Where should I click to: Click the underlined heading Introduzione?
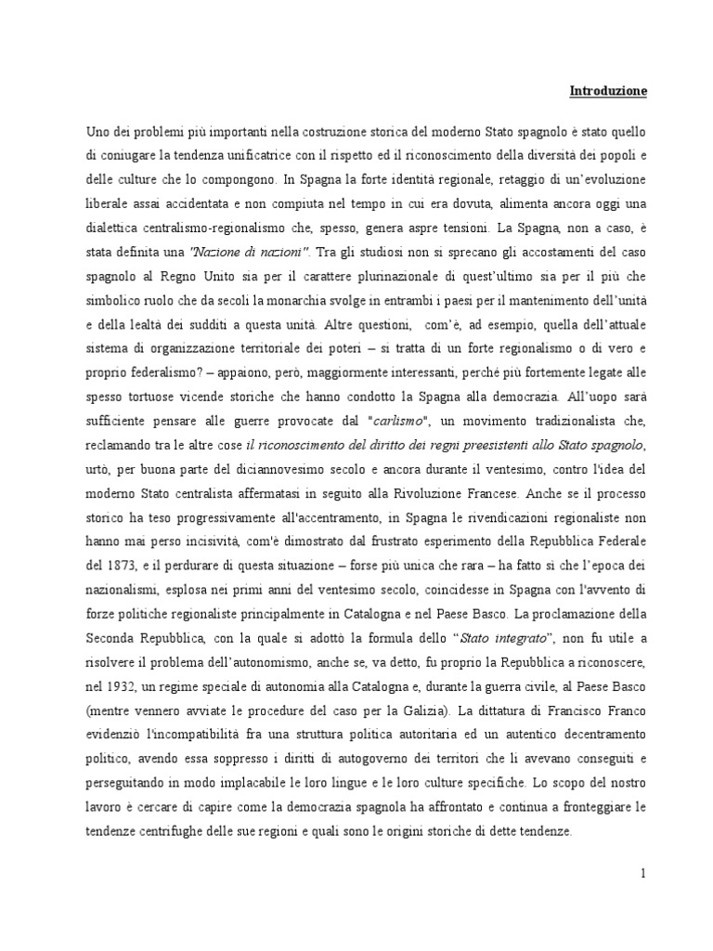607,91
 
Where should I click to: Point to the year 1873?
110,565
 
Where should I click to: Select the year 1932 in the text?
110,685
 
